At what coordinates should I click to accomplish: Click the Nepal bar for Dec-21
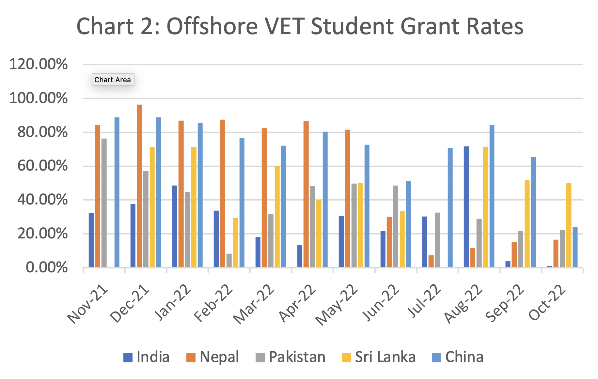(x=139, y=186)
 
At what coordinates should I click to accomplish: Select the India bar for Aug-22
(x=466, y=207)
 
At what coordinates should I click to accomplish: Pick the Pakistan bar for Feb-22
(x=229, y=261)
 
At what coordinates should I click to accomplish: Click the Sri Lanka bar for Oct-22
(x=569, y=225)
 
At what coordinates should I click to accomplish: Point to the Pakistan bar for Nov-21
(x=104, y=203)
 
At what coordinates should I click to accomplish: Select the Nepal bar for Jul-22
(x=431, y=261)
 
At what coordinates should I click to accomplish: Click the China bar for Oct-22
(x=575, y=247)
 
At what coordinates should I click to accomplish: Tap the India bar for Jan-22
(x=175, y=226)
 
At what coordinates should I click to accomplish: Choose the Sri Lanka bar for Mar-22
(x=277, y=217)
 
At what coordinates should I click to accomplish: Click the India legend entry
(x=147, y=357)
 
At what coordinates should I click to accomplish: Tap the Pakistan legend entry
(x=291, y=357)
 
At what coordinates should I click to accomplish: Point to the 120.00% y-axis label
(x=39, y=64)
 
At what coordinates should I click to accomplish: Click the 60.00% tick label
(x=42, y=166)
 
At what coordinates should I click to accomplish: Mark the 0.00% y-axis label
(x=47, y=268)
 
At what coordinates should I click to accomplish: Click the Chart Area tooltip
(x=113, y=80)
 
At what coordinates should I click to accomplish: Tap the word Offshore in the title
(x=212, y=26)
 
